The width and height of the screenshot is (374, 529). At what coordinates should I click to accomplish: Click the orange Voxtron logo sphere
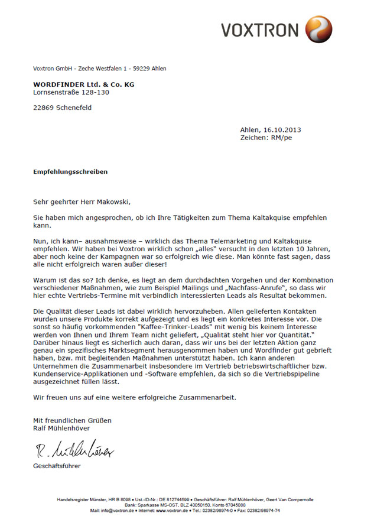tap(318, 29)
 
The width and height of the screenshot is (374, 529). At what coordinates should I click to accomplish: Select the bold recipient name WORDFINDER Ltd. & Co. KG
tap(83, 85)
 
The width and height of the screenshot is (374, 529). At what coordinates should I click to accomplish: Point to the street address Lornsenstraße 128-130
tap(71, 92)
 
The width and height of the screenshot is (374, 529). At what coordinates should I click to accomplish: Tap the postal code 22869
tap(44, 108)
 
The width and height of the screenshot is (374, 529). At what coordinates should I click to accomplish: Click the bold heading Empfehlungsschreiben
tap(70, 171)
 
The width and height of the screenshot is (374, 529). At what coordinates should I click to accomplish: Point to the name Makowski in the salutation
tap(110, 202)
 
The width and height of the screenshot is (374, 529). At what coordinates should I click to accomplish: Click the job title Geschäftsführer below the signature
tap(57, 466)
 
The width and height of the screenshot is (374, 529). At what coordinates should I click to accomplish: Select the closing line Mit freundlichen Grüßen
tap(72, 420)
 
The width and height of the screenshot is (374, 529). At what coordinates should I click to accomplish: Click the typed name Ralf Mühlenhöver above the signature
tap(67, 428)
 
